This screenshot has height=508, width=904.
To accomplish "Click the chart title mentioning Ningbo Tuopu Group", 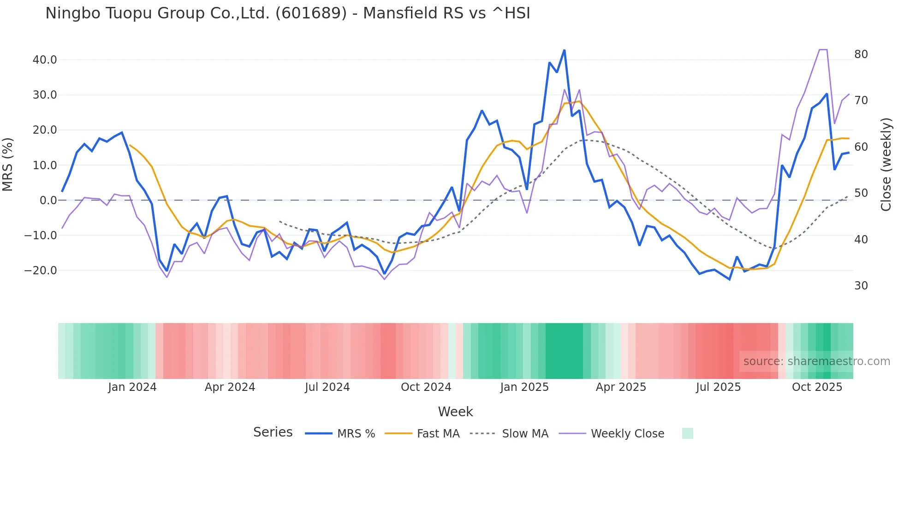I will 287,13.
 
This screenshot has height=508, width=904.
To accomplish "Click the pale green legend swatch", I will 687,433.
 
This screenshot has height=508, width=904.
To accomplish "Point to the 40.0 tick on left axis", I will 44,60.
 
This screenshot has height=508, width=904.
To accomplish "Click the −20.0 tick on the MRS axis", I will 41,271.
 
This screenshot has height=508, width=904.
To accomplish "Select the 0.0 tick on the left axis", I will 48,201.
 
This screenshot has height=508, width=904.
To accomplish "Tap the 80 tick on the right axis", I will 861,54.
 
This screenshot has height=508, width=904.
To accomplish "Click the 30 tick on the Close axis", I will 861,286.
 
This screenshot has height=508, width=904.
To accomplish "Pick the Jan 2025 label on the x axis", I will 524,387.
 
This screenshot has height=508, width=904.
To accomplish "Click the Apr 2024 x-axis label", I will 230,387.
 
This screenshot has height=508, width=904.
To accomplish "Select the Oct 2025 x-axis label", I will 817,387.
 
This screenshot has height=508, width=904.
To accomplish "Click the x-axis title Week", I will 455,412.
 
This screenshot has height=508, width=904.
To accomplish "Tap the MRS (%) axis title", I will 8,165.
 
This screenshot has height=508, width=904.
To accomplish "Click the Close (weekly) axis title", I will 886,165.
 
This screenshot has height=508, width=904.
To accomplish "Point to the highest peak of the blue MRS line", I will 564,50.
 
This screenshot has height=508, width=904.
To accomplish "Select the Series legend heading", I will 273,432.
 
